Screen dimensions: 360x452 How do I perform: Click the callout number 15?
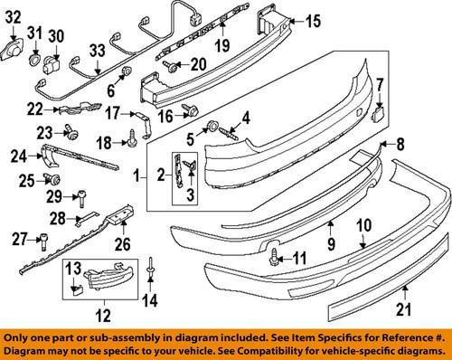click(312, 21)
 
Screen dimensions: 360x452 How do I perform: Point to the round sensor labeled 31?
click(33, 61)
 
